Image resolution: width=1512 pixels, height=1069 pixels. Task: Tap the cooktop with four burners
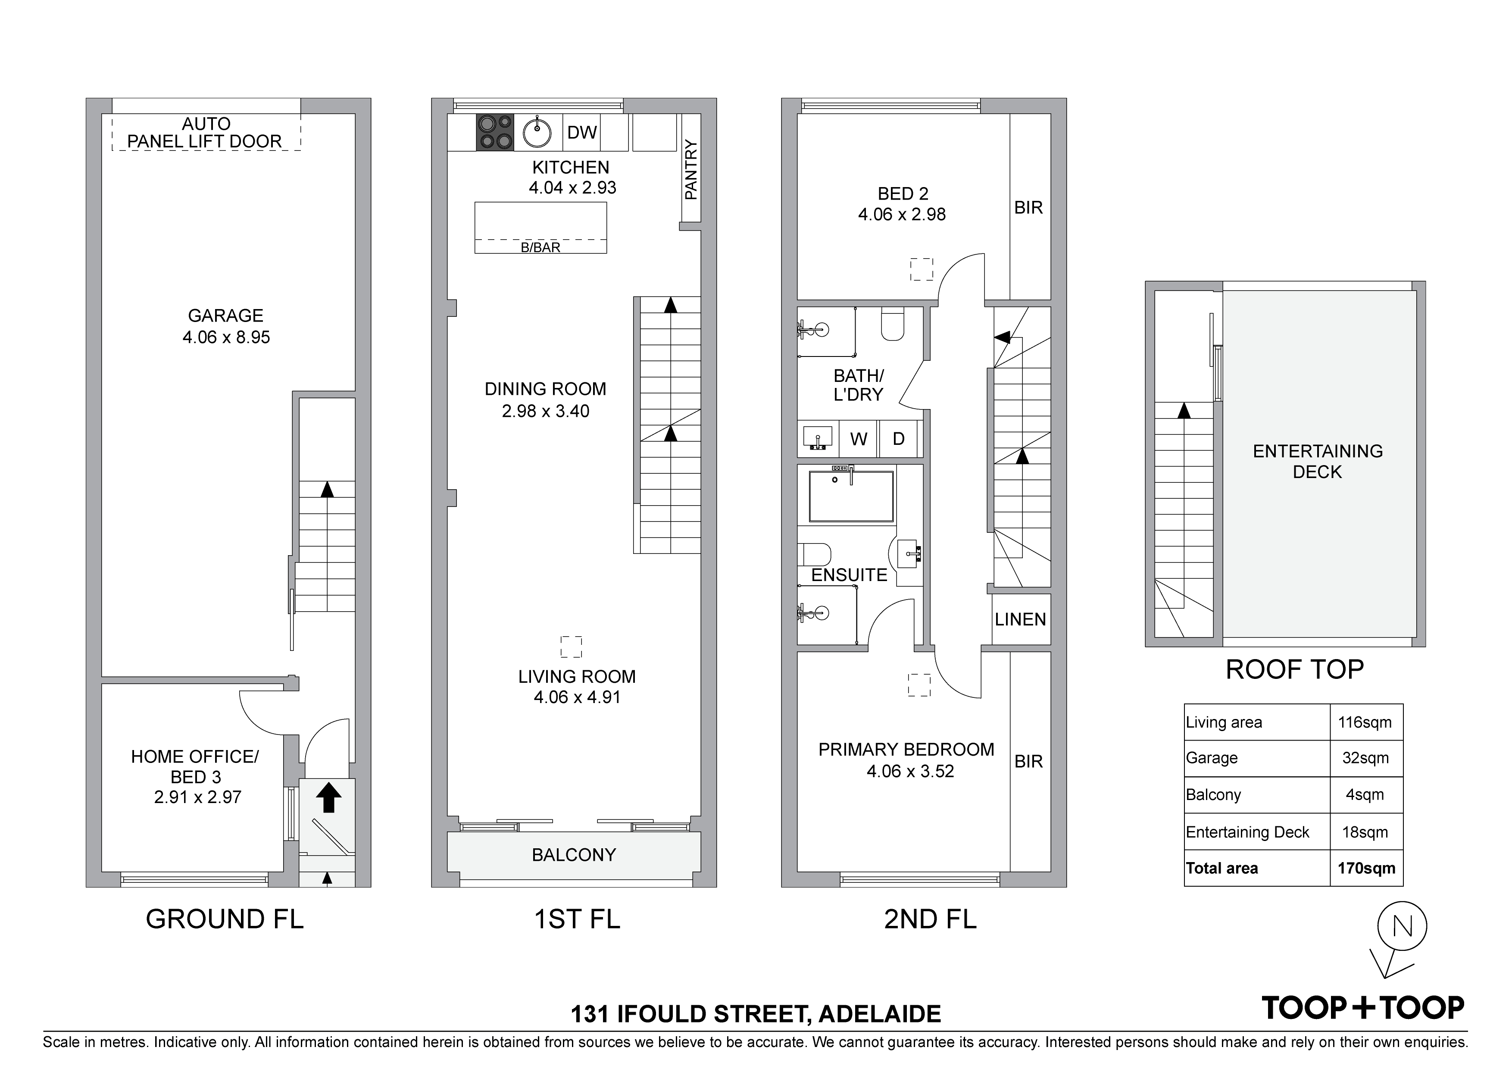tap(494, 132)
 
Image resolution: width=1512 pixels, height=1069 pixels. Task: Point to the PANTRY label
tap(691, 169)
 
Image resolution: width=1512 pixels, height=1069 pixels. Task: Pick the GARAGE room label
tap(226, 316)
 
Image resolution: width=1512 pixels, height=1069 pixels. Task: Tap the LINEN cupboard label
tap(1020, 619)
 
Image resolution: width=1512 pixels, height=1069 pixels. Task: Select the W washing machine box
tap(859, 439)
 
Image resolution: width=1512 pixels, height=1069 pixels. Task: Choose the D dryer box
tap(898, 439)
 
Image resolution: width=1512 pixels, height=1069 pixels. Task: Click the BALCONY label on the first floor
tap(574, 855)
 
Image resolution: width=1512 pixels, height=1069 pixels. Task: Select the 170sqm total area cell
tap(1366, 868)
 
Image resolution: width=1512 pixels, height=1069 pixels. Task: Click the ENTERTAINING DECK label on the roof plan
tap(1318, 461)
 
